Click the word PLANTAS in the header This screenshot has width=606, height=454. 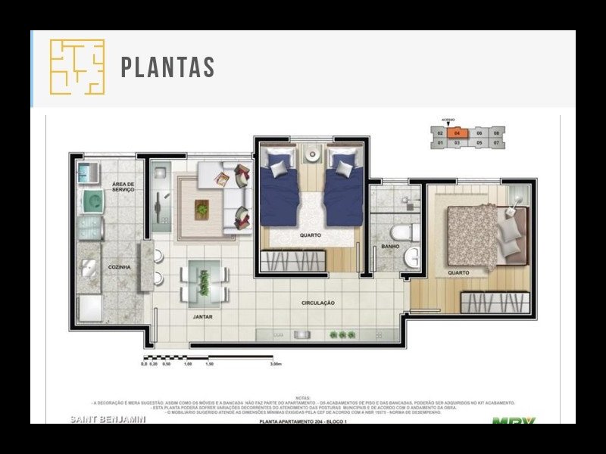click(x=167, y=67)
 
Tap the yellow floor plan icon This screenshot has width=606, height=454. click(x=77, y=67)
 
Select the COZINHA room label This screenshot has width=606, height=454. click(x=119, y=267)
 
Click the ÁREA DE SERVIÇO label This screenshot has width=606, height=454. click(x=123, y=187)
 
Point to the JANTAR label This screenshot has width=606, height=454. click(x=201, y=317)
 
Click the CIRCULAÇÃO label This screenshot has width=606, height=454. click(x=317, y=303)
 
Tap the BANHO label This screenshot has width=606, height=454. click(x=390, y=246)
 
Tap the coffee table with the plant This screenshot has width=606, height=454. click(x=203, y=209)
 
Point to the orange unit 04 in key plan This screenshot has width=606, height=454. click(x=458, y=132)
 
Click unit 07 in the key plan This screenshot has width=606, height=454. click(x=496, y=142)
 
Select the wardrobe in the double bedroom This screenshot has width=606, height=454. click(x=495, y=303)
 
